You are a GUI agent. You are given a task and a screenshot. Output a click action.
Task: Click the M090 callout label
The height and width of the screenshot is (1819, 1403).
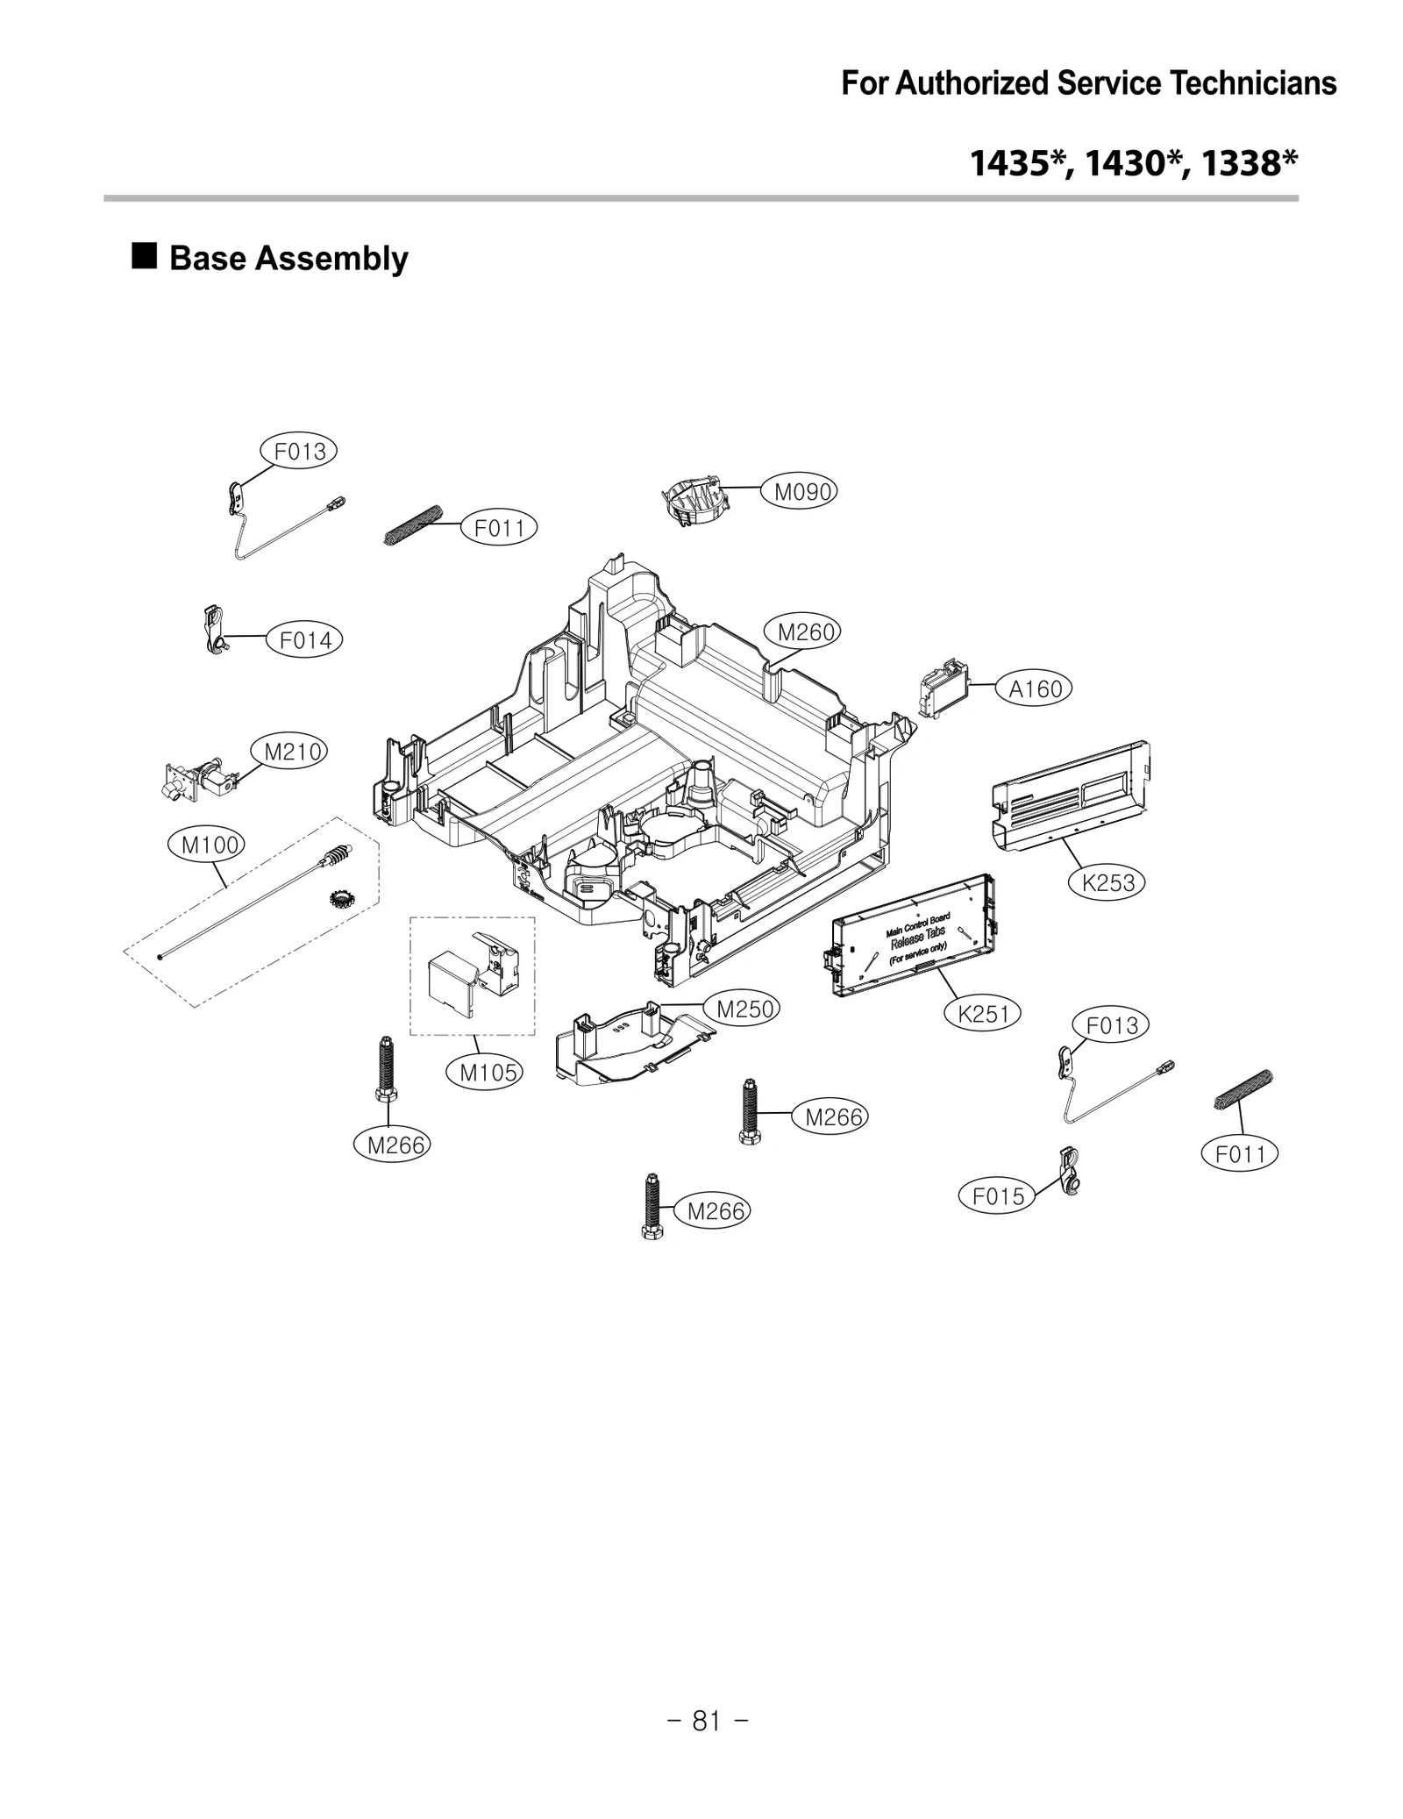tap(803, 492)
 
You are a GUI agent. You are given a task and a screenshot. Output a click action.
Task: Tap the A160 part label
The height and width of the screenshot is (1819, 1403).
tap(1035, 689)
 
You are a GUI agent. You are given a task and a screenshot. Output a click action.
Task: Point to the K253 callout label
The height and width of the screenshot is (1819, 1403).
tap(1107, 882)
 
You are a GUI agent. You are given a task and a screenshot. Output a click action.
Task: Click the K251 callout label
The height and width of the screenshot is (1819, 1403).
tap(983, 1014)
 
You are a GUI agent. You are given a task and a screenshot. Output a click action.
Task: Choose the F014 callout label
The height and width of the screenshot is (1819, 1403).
tap(304, 640)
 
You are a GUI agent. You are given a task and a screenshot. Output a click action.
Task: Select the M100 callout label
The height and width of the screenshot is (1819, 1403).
tap(206, 845)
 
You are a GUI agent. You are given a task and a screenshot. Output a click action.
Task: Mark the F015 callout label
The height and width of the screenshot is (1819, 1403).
tap(997, 1195)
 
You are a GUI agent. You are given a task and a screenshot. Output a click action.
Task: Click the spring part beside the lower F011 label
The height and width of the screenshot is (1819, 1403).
tap(1243, 1090)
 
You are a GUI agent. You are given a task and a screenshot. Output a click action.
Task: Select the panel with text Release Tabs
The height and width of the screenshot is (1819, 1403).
tap(914, 940)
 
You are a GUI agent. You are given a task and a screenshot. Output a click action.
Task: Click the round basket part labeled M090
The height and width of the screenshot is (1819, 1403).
tap(694, 501)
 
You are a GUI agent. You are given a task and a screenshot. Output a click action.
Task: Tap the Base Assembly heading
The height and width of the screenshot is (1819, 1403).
tap(288, 259)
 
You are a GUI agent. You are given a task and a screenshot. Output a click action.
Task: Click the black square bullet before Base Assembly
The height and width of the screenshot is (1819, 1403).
tap(145, 256)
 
